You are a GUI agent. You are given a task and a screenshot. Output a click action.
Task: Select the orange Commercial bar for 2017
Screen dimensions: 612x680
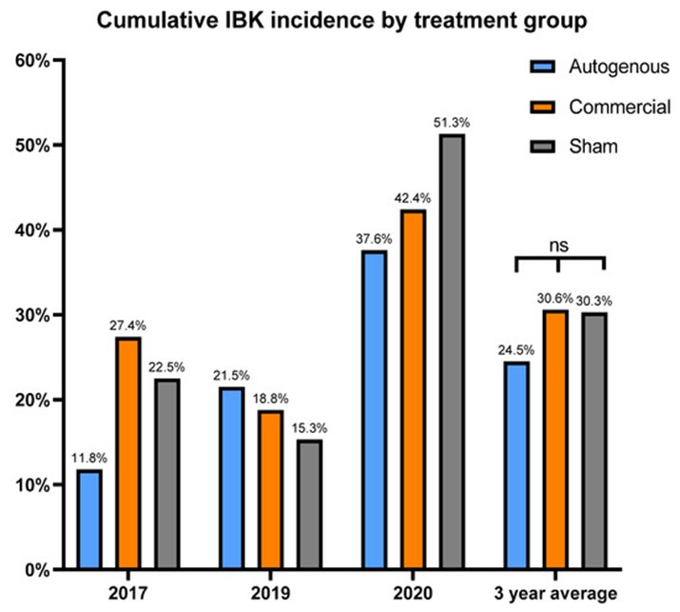coord(128,453)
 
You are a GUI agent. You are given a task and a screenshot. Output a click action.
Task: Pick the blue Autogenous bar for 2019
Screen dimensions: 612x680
coord(231,478)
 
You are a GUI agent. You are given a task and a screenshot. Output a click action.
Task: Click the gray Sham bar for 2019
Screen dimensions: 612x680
coord(309,503)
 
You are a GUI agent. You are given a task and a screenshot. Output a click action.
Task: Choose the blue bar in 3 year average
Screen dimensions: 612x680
coord(517,465)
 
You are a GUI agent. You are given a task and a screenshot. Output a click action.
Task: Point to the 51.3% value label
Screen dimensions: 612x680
coord(453,123)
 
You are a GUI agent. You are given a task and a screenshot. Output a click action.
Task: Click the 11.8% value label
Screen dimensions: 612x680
coord(89,458)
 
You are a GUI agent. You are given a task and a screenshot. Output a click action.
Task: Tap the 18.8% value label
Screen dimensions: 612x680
coord(270,399)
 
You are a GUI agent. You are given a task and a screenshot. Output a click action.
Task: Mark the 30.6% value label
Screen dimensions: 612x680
coord(556,298)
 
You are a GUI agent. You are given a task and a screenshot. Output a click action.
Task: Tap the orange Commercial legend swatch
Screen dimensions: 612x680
coord(541,107)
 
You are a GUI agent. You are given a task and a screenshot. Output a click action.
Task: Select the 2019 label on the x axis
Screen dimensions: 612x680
coord(269,591)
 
